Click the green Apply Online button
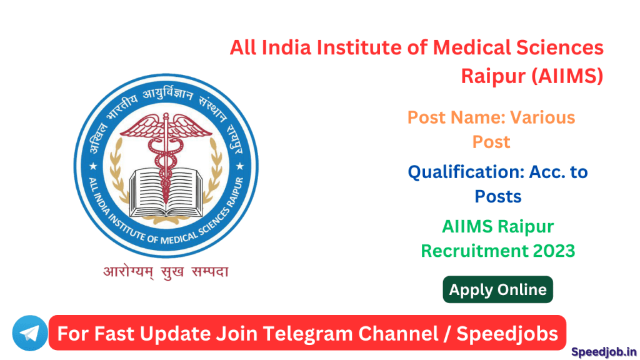coord(497,289)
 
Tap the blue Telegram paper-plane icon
coord(29,333)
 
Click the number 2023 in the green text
coord(551,251)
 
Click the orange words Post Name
coord(456,117)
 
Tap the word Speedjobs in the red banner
coord(507,333)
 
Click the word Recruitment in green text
coord(474,251)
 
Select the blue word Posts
coord(498,196)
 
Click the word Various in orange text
coord(542,117)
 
